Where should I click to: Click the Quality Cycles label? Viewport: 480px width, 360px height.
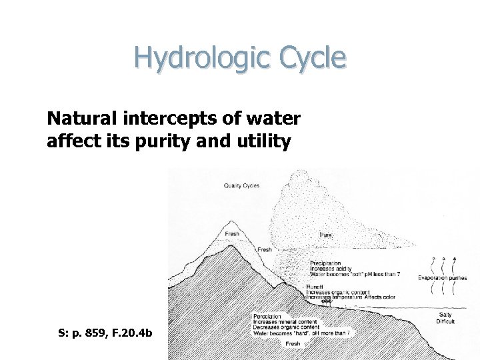(x=241, y=185)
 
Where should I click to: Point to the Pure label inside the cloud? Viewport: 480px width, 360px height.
(x=326, y=235)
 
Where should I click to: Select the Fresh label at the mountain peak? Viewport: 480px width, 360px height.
(x=232, y=234)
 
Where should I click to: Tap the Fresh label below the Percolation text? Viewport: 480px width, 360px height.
(x=293, y=343)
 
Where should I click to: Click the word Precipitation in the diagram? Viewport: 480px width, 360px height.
(x=325, y=264)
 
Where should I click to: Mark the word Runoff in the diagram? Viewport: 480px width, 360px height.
(x=315, y=287)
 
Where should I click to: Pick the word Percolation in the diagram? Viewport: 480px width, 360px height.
(x=267, y=316)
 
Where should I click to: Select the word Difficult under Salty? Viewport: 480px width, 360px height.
(x=445, y=321)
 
